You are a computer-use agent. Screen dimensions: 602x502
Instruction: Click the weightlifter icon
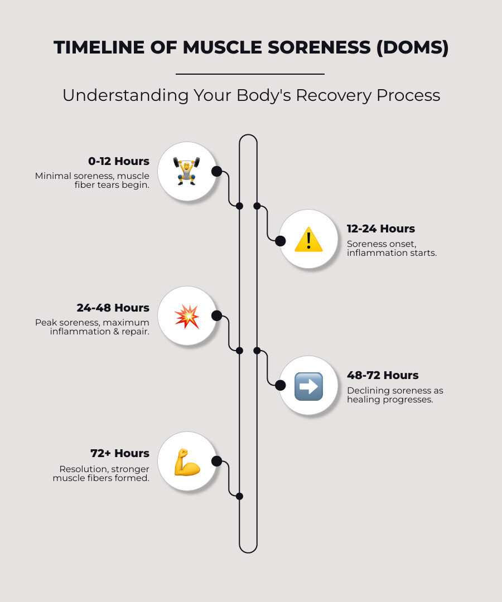tap(186, 171)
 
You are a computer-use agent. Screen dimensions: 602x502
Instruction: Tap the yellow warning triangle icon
tap(308, 240)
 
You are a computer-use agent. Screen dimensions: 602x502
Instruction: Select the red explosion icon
tap(187, 317)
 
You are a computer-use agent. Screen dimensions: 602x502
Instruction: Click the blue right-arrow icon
tap(308, 386)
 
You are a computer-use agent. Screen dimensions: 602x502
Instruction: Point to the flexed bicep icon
tap(187, 462)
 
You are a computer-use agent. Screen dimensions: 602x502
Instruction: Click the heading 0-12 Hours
tap(119, 161)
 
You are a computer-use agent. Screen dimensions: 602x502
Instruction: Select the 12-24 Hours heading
tap(381, 229)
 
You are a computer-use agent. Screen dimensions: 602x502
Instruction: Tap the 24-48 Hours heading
tap(113, 308)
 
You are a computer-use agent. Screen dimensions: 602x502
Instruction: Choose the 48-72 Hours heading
tap(383, 375)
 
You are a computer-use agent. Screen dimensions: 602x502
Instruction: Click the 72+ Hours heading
tap(120, 453)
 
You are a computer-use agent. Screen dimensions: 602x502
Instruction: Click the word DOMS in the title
tap(412, 47)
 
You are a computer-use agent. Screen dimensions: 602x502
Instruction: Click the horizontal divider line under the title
tap(250, 74)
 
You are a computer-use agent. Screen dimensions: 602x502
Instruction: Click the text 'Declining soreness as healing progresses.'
tap(395, 395)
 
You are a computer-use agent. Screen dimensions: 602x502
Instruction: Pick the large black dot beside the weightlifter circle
tap(217, 171)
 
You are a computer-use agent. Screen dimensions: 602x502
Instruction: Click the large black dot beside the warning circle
tap(281, 241)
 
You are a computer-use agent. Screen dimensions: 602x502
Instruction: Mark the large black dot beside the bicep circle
tap(217, 461)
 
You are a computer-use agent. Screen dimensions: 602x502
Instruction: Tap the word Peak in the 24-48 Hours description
tap(46, 323)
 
